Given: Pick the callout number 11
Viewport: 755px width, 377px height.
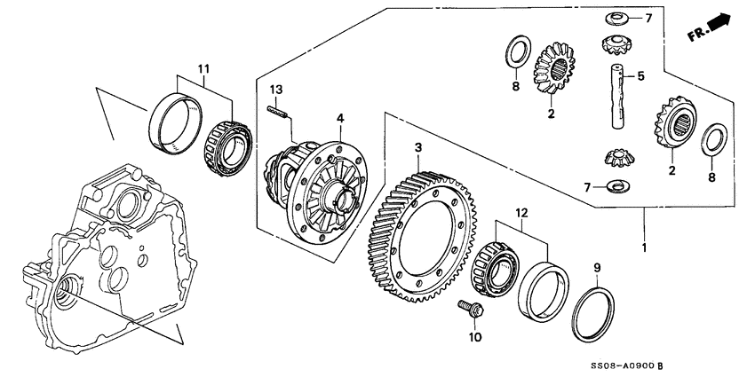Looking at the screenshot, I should pyautogui.click(x=203, y=68).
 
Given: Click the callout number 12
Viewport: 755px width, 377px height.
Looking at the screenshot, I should pyautogui.click(x=521, y=213).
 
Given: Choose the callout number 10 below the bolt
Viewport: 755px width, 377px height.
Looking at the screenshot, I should pyautogui.click(x=474, y=338).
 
